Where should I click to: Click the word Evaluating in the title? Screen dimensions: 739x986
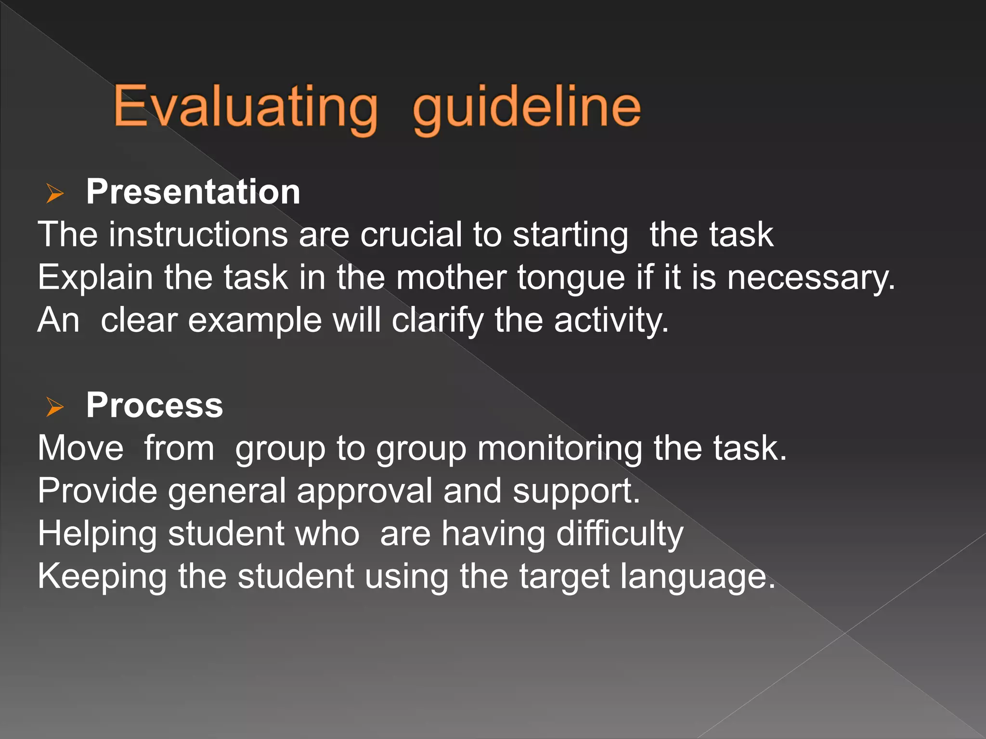click(246, 107)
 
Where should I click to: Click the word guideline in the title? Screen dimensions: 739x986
click(527, 107)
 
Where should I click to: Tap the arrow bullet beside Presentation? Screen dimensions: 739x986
click(55, 193)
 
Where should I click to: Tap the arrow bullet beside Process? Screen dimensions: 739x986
click(55, 407)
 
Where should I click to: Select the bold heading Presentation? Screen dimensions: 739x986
click(193, 192)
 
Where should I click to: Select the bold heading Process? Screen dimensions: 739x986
click(154, 405)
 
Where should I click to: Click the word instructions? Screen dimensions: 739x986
click(198, 235)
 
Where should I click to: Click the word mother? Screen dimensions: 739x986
click(451, 278)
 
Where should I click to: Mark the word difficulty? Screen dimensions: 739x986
click(620, 535)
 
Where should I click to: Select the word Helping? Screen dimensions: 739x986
click(97, 535)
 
